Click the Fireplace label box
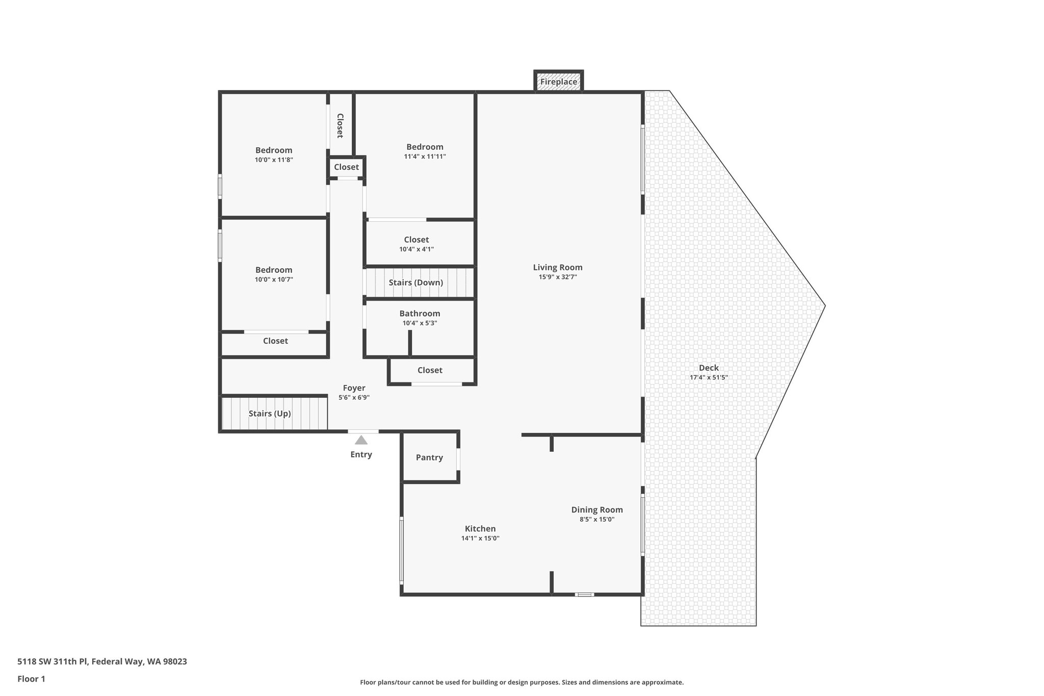pyautogui.click(x=559, y=82)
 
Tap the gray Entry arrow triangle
pyautogui.click(x=361, y=440)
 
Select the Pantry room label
pyautogui.click(x=429, y=457)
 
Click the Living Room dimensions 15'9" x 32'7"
pyautogui.click(x=558, y=277)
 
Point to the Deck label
pyautogui.click(x=709, y=368)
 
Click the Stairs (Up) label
pyautogui.click(x=270, y=414)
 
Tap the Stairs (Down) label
pyautogui.click(x=415, y=282)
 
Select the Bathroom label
pyautogui.click(x=420, y=314)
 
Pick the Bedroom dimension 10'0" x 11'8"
pyautogui.click(x=274, y=160)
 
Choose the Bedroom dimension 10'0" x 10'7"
pyautogui.click(x=274, y=279)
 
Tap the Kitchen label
pyautogui.click(x=480, y=529)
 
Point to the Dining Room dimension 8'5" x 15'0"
pyautogui.click(x=597, y=520)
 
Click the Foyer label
pyautogui.click(x=354, y=388)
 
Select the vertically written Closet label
pyautogui.click(x=340, y=125)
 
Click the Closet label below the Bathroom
pyautogui.click(x=430, y=370)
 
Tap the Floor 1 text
pyautogui.click(x=32, y=679)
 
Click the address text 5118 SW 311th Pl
pyautogui.click(x=102, y=661)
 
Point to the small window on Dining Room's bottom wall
pyautogui.click(x=585, y=595)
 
